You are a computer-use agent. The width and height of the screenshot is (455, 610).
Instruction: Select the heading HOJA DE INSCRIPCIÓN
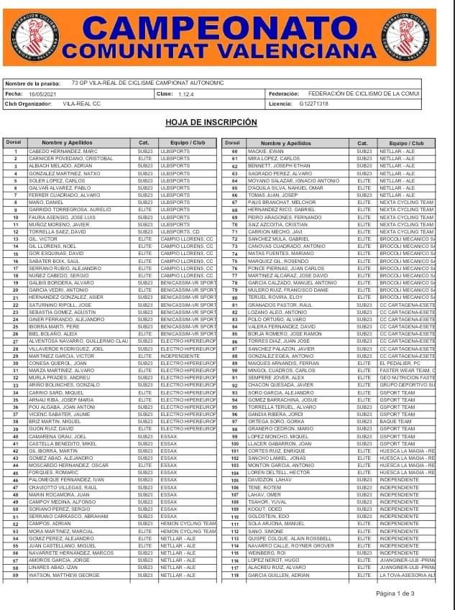pyautogui.click(x=221, y=122)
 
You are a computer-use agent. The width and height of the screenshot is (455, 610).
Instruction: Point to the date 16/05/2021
pyautogui.click(x=40, y=93)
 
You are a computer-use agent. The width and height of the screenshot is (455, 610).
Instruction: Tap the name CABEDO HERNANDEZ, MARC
pyautogui.click(x=63, y=152)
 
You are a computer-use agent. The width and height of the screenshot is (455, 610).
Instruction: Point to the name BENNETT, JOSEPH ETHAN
pyautogui.click(x=274, y=166)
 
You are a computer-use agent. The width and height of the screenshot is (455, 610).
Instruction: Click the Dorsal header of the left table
pyautogui.click(x=14, y=143)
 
